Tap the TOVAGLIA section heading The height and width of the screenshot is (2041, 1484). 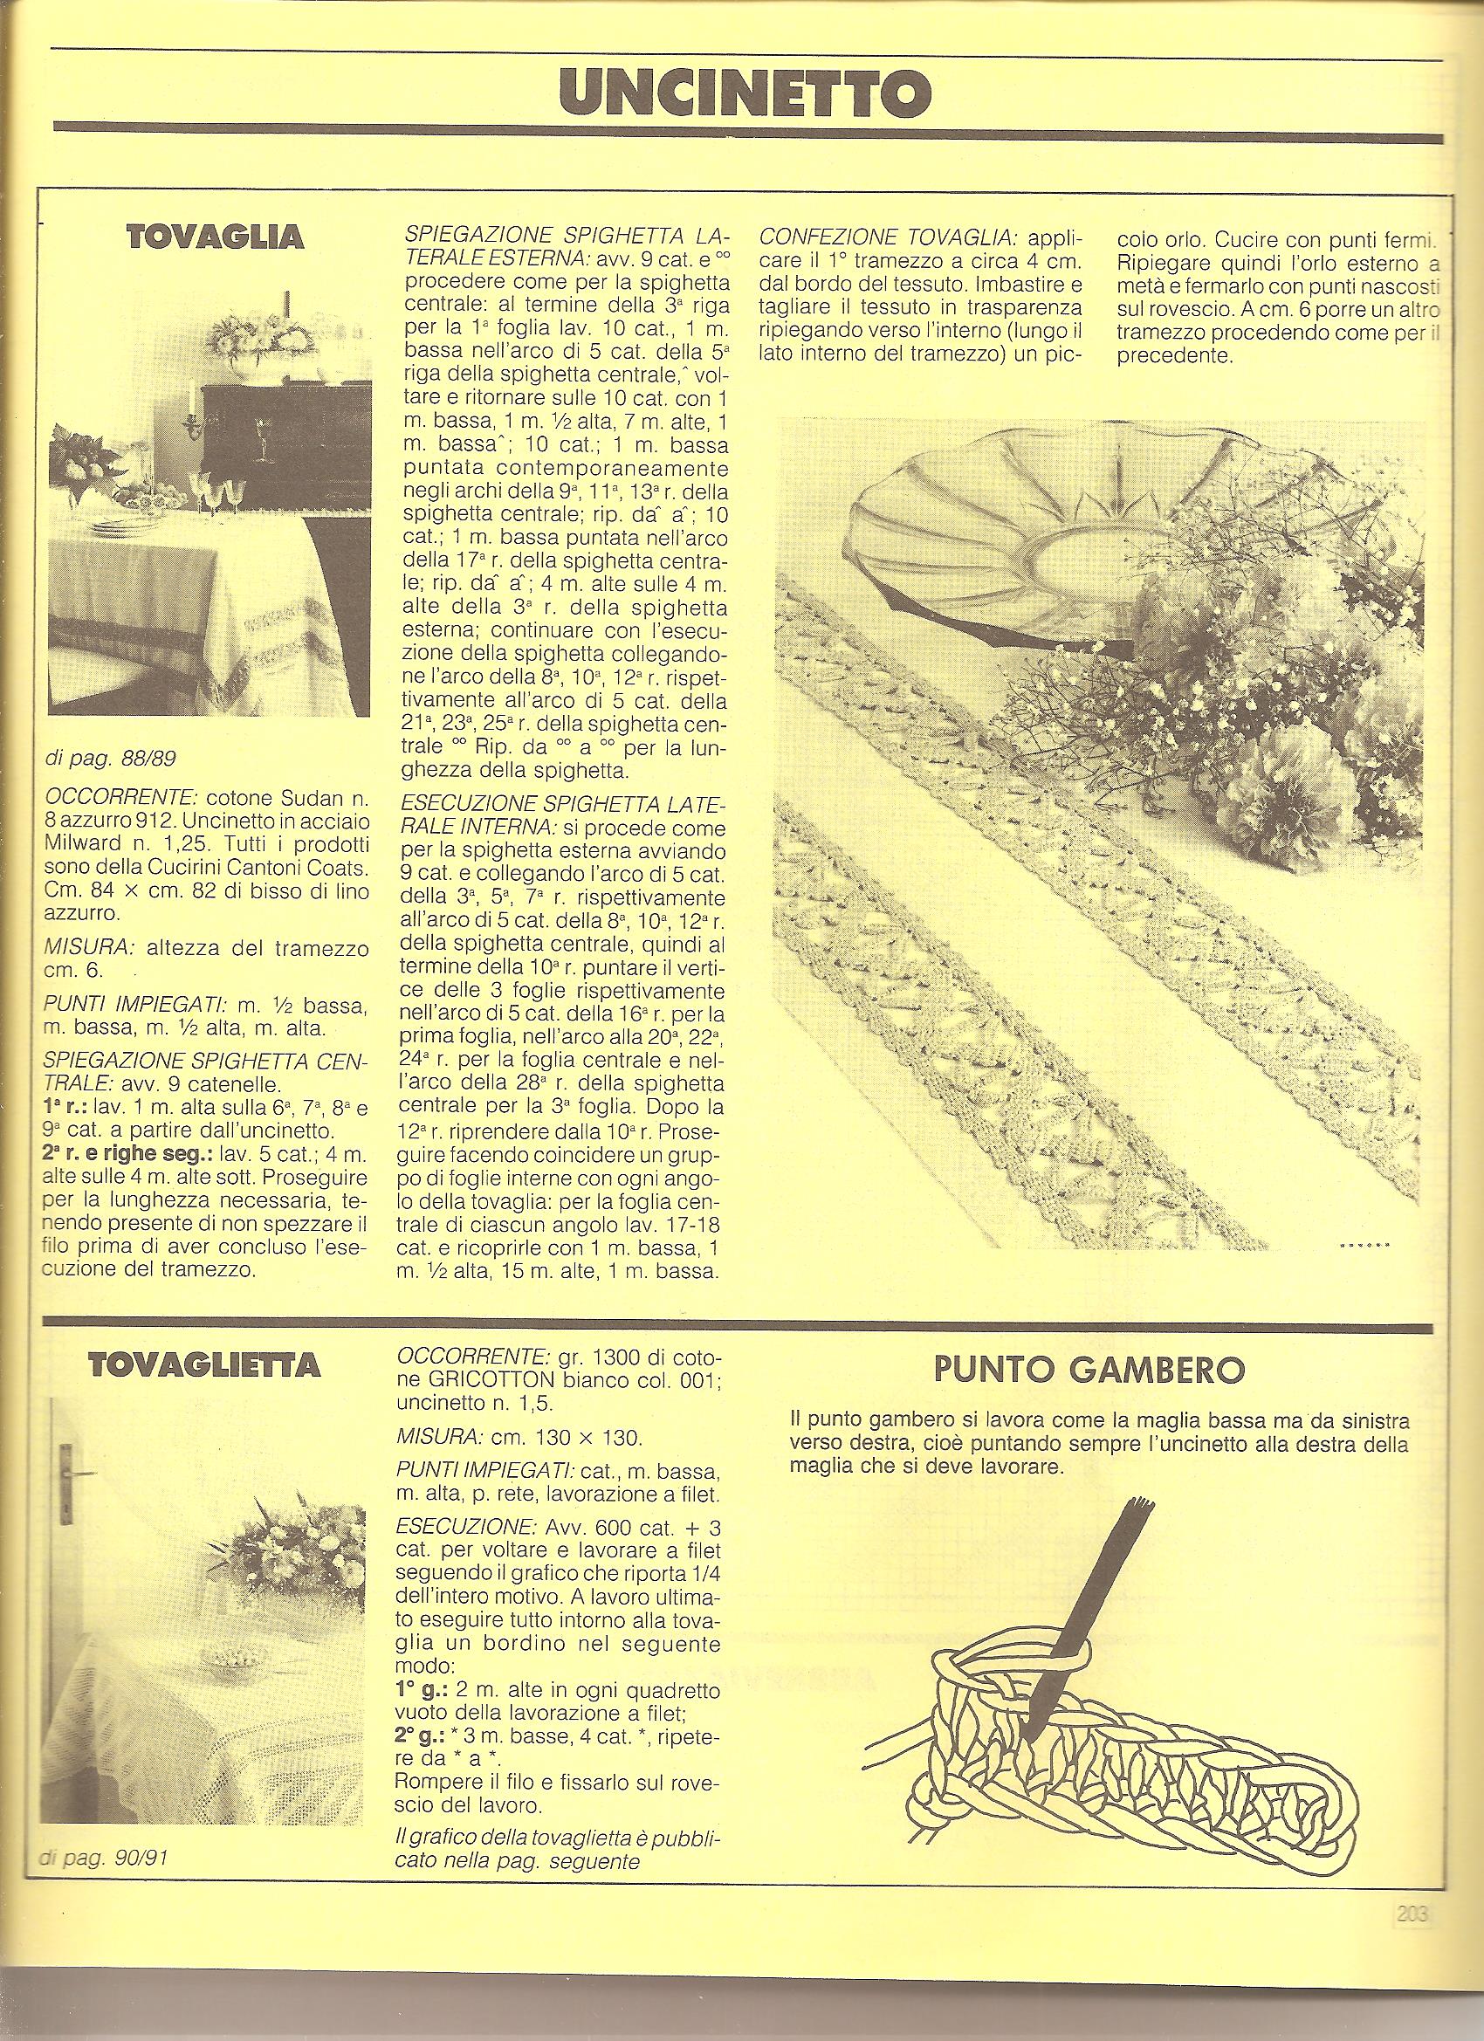215,237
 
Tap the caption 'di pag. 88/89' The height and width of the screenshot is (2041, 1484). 110,759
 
